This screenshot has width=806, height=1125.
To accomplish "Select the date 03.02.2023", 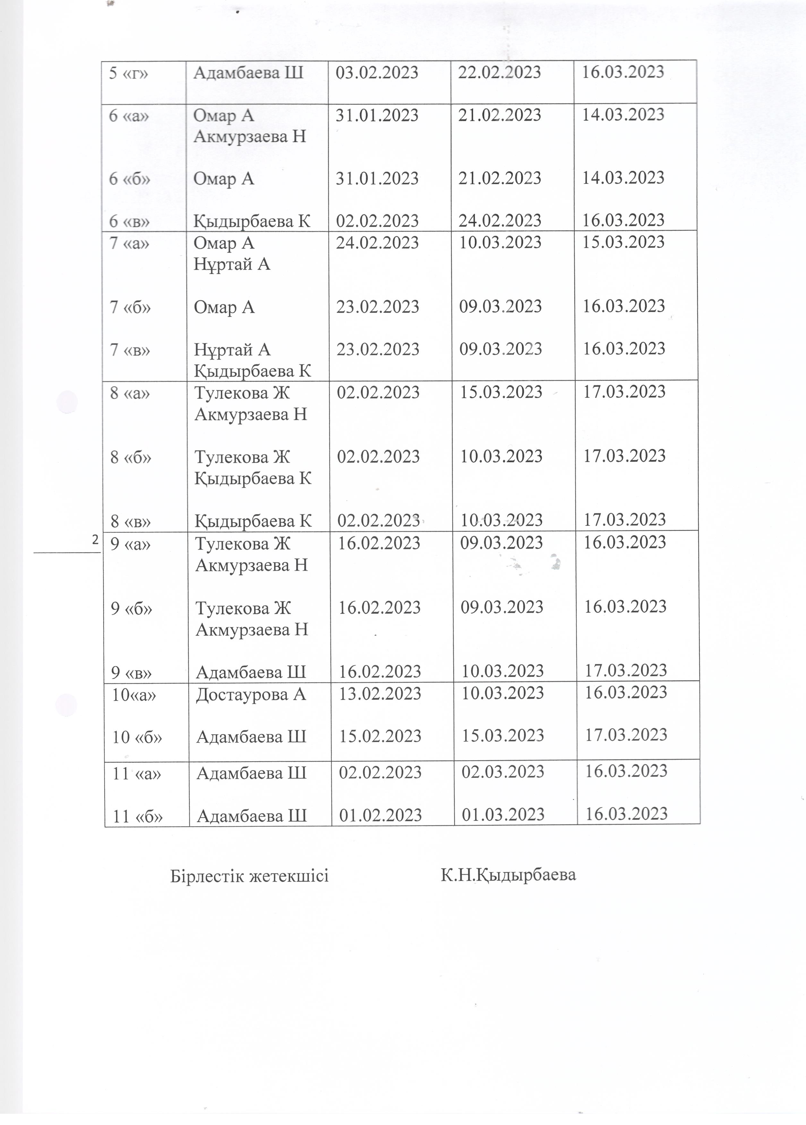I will coord(377,73).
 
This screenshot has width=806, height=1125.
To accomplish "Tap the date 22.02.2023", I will coord(499,72).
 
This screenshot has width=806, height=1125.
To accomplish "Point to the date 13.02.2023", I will coord(380,694).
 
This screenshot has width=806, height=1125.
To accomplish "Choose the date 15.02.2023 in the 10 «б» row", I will coord(380,736).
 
